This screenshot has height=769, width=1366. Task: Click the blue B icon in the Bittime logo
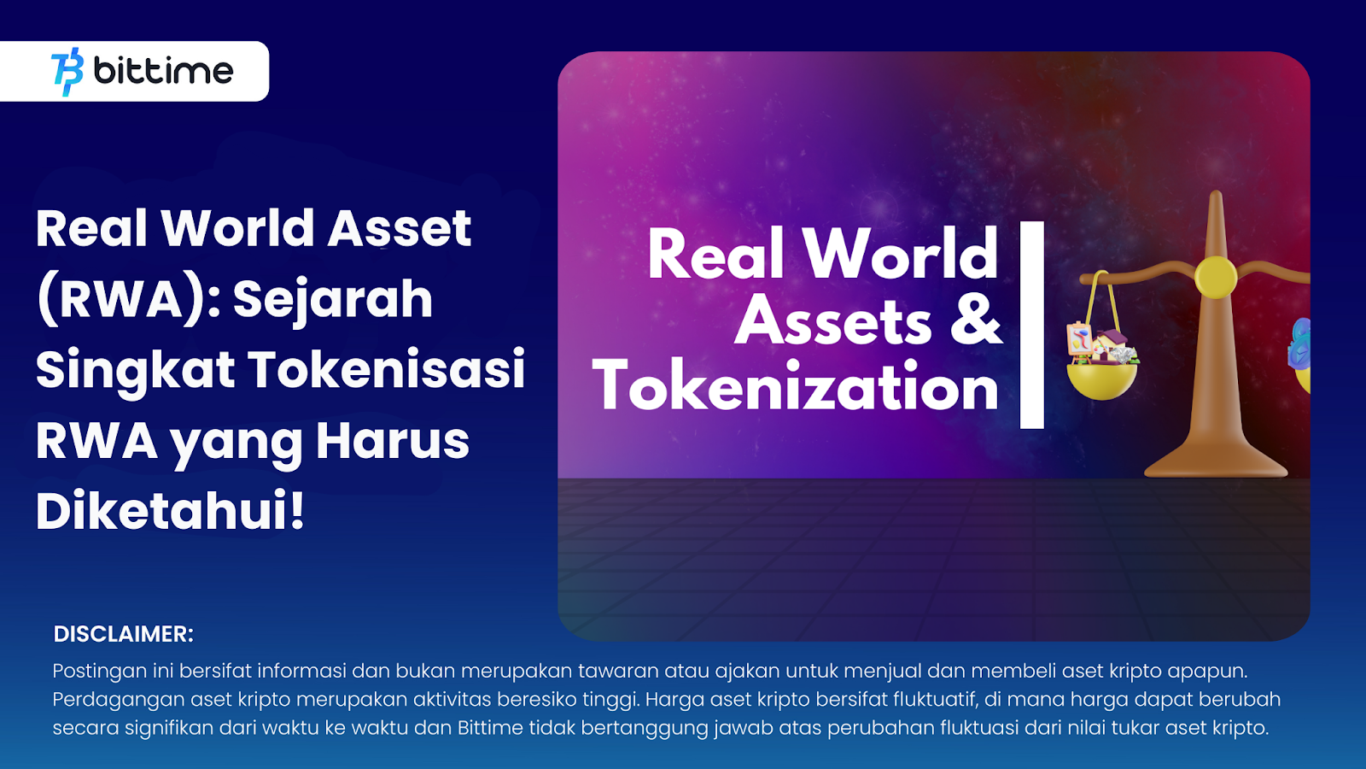[67, 72]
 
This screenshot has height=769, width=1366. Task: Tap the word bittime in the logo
[163, 71]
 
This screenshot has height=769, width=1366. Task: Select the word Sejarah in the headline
[333, 300]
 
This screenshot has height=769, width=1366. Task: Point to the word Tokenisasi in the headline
[387, 368]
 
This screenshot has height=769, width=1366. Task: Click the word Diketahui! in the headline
[170, 510]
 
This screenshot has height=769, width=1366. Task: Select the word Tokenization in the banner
[795, 385]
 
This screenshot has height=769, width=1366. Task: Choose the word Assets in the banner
[833, 321]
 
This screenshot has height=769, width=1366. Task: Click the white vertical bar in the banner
[1032, 325]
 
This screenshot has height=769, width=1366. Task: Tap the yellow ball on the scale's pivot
[1216, 278]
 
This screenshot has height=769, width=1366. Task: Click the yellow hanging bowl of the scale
[1102, 380]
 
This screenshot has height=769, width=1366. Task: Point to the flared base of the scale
[1216, 459]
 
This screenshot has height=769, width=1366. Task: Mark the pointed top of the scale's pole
[1217, 192]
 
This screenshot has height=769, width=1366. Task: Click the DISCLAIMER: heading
[124, 634]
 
